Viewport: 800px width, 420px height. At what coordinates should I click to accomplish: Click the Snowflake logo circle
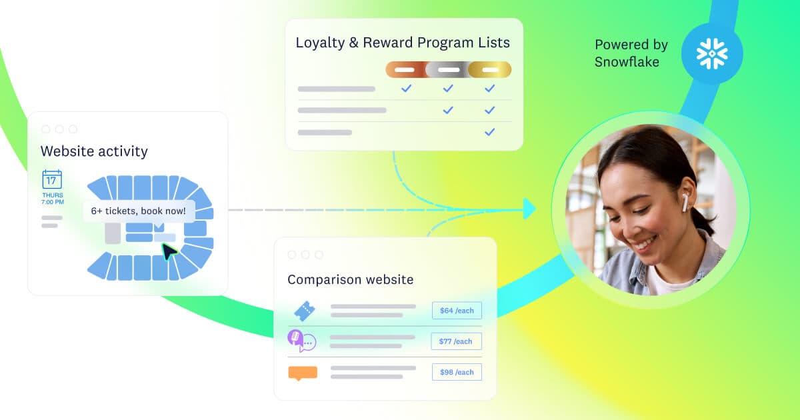(x=712, y=53)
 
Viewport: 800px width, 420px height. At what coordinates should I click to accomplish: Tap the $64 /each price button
(x=457, y=311)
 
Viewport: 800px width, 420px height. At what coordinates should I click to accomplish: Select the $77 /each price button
(x=456, y=341)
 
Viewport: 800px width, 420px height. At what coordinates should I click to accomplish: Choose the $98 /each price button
(x=457, y=372)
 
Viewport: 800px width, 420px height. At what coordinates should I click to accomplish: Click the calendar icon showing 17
(x=52, y=179)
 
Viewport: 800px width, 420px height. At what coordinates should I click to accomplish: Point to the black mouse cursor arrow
(x=169, y=251)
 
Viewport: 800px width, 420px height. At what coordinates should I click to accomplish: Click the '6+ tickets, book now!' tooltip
(x=139, y=211)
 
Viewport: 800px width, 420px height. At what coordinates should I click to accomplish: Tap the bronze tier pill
(x=405, y=69)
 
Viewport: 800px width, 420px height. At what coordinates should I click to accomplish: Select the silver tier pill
(x=448, y=69)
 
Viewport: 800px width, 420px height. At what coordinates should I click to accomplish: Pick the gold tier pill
(x=490, y=69)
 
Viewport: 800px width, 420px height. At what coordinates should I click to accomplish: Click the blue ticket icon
(x=304, y=311)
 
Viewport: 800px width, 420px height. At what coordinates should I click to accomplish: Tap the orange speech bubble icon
(x=303, y=373)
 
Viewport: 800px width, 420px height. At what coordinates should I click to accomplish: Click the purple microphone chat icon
(x=301, y=341)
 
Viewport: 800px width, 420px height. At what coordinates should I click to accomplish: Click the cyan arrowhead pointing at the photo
(x=529, y=209)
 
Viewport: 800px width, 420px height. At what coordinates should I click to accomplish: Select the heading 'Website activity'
(x=94, y=151)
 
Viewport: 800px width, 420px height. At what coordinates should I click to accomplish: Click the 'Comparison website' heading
(x=351, y=279)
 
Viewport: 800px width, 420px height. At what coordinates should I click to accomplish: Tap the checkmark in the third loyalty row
(x=489, y=132)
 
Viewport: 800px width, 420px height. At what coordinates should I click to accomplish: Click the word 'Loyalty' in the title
(x=320, y=43)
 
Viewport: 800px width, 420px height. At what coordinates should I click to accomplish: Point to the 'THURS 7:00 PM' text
(x=53, y=199)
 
